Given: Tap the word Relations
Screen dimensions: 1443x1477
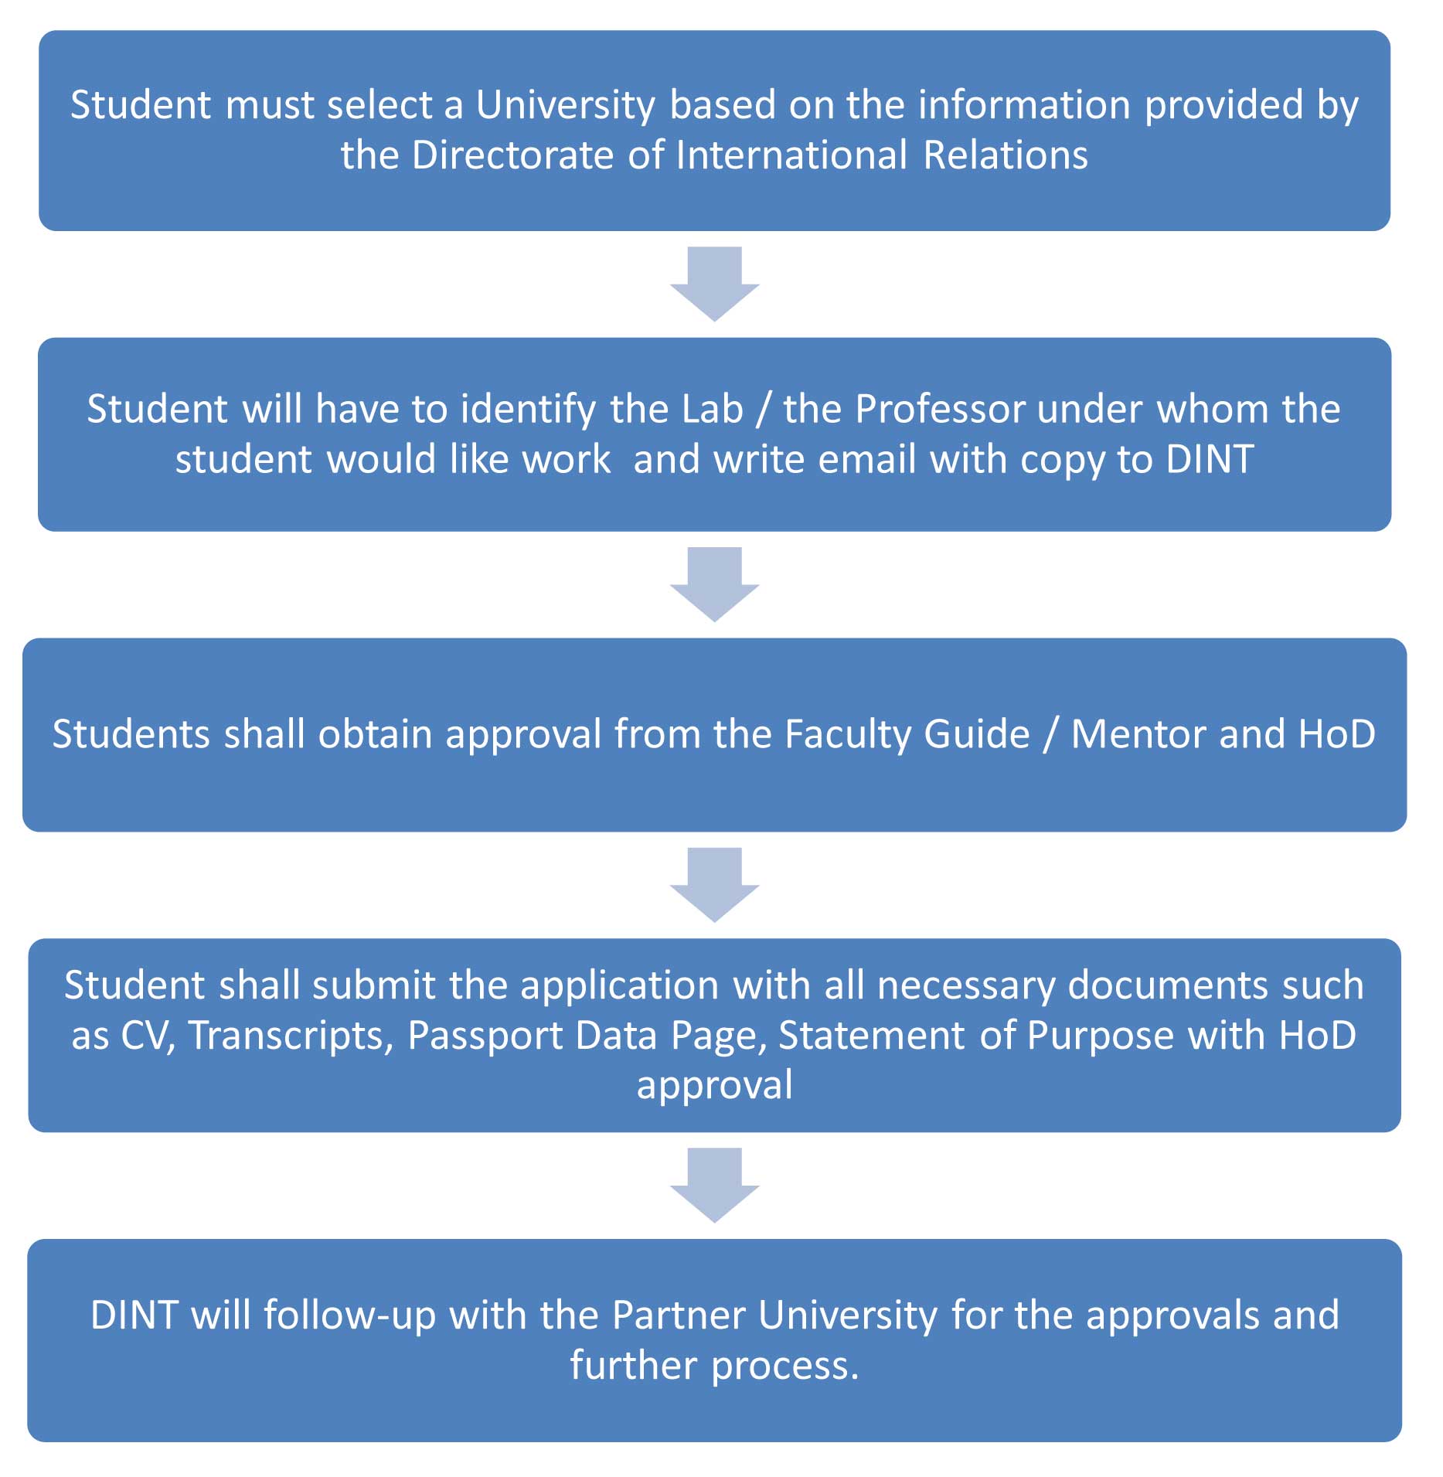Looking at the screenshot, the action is pos(1006,155).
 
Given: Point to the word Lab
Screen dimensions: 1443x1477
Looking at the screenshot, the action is pos(710,409).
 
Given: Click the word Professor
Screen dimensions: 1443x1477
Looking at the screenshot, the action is pos(941,409).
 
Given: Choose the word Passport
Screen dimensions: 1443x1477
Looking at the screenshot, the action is pos(485,1036).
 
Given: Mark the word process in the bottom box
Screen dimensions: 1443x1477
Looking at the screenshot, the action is pos(785,1366).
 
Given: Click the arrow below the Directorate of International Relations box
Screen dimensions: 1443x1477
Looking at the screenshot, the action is pos(715,284).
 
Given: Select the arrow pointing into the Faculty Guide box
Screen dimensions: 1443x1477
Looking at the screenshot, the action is pos(715,584).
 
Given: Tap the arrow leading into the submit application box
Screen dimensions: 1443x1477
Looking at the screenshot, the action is pos(715,885).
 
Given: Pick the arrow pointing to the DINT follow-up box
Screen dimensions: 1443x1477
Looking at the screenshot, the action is pos(715,1185).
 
